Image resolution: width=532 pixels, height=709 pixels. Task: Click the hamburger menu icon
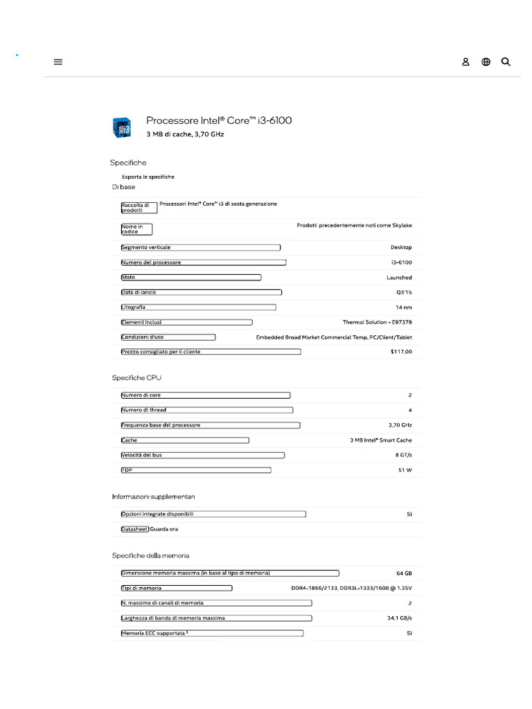(x=58, y=62)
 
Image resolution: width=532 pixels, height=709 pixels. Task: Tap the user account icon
(x=465, y=62)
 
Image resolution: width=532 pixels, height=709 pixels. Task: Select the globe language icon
(x=486, y=62)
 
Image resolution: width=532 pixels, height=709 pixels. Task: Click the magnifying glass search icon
(x=506, y=62)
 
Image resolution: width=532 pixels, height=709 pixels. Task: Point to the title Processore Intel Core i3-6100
(x=219, y=120)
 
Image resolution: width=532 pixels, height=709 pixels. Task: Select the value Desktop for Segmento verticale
(x=400, y=247)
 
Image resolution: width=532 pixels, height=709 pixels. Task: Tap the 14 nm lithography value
(x=403, y=307)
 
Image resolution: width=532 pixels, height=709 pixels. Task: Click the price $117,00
(x=400, y=352)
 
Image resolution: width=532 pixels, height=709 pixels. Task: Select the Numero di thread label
(x=144, y=410)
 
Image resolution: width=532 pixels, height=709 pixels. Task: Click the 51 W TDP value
(x=405, y=470)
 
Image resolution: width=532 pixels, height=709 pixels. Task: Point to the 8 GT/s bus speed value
(x=403, y=455)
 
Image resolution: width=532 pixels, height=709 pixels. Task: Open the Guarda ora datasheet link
(x=164, y=529)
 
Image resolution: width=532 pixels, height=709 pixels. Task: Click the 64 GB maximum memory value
(x=404, y=573)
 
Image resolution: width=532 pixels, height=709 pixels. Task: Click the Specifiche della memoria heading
(x=150, y=555)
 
